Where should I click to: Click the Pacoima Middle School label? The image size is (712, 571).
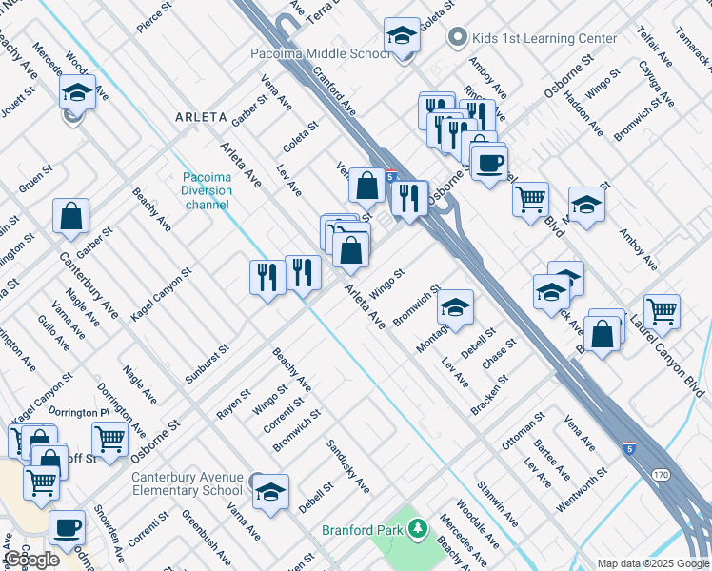coord(320,53)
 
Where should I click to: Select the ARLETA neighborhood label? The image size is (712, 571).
coord(201,117)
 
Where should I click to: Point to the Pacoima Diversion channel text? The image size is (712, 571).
coord(207,190)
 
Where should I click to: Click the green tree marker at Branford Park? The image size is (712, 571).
coord(417,528)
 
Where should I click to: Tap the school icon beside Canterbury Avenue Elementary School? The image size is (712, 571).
coord(270,492)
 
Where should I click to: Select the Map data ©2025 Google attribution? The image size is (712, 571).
coord(652,563)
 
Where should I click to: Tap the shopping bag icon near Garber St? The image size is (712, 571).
coord(71,216)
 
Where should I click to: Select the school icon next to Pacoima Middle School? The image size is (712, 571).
coord(402,36)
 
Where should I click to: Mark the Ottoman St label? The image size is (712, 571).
coord(523,430)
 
